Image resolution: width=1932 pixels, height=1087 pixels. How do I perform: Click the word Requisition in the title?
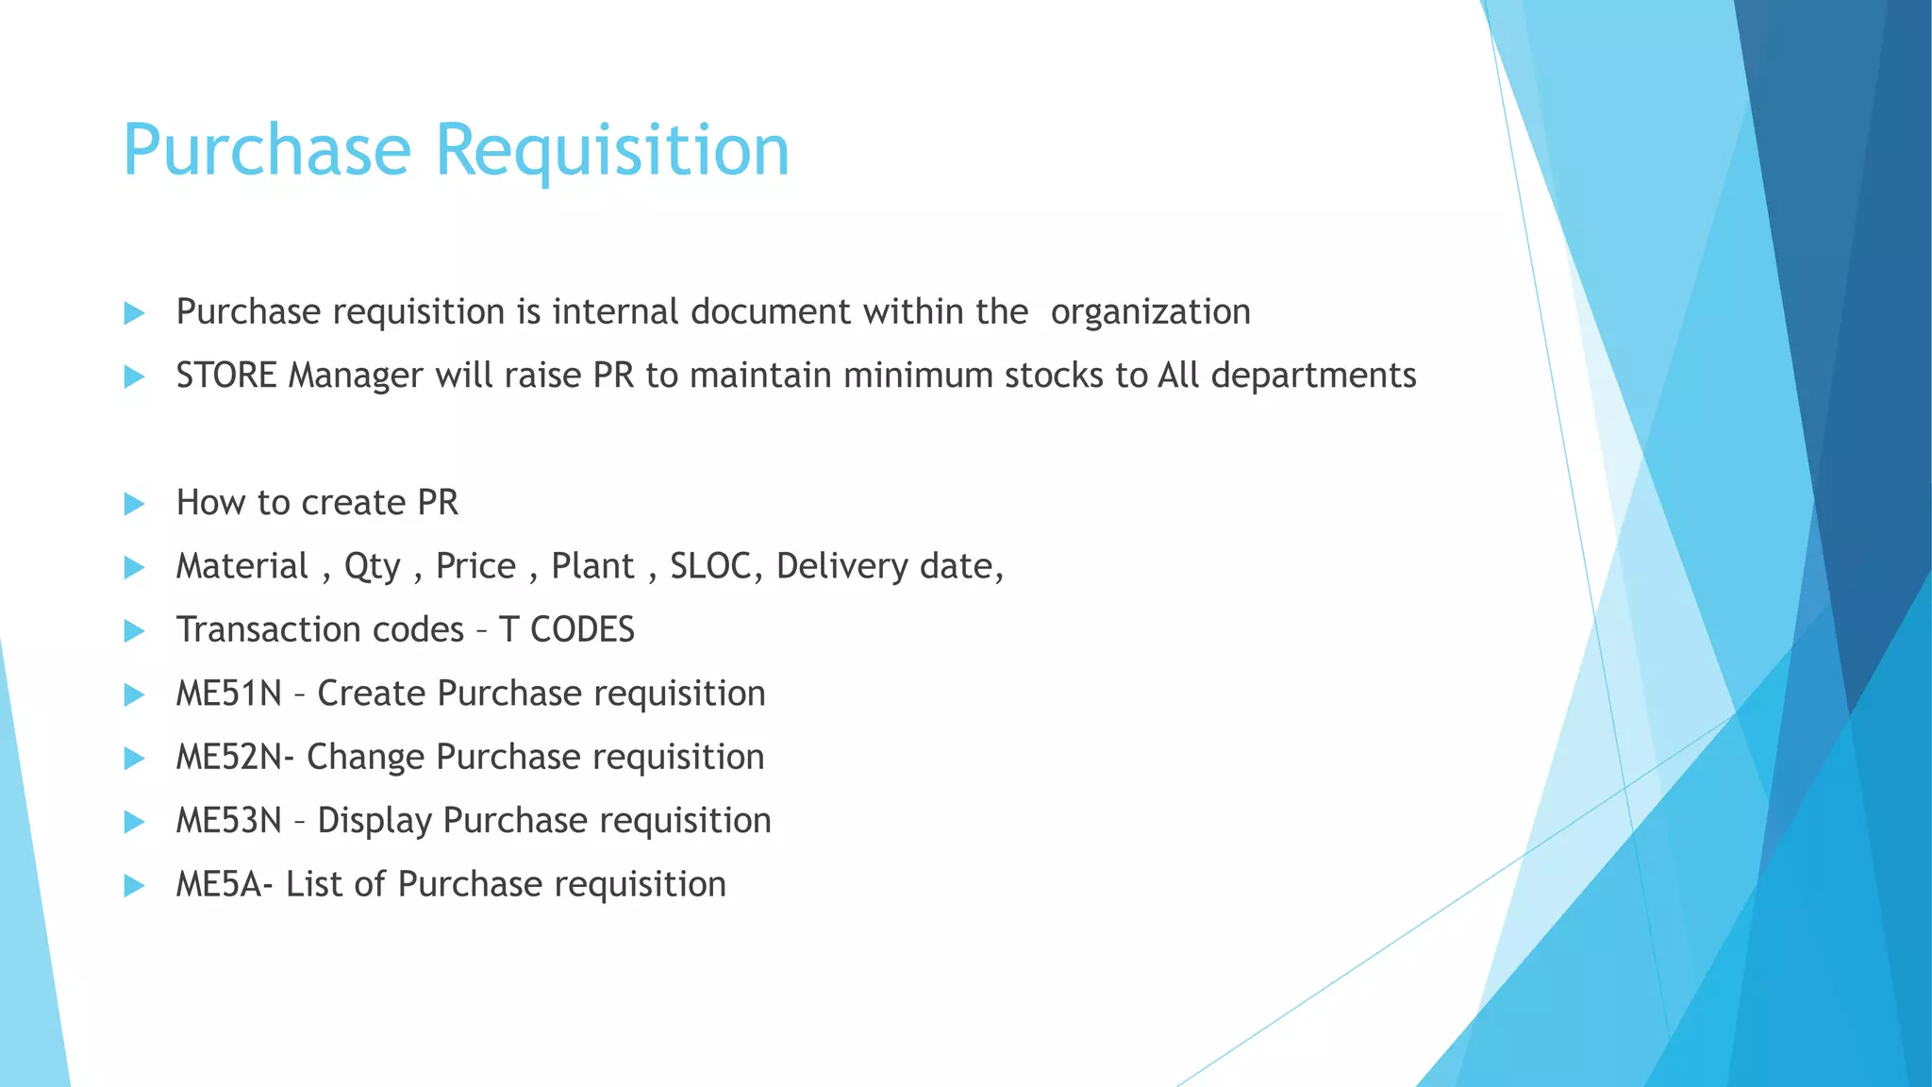611,151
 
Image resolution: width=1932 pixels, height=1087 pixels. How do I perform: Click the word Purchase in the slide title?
267,151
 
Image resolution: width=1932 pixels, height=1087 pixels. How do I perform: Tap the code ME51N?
229,694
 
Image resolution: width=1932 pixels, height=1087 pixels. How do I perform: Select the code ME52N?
229,757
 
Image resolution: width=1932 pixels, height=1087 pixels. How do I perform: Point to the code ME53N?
229,821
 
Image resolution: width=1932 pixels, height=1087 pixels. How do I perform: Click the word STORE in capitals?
226,376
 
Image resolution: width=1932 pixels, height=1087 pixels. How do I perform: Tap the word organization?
1150,312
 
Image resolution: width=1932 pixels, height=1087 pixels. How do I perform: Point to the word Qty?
373,567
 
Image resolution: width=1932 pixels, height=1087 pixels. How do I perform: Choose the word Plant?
592,566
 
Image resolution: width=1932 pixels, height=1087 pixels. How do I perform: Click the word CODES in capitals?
582,629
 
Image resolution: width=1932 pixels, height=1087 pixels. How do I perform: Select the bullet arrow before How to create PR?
134,504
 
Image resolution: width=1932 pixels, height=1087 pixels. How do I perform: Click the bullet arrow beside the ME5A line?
134,885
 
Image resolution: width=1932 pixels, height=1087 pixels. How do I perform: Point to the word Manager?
356,376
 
